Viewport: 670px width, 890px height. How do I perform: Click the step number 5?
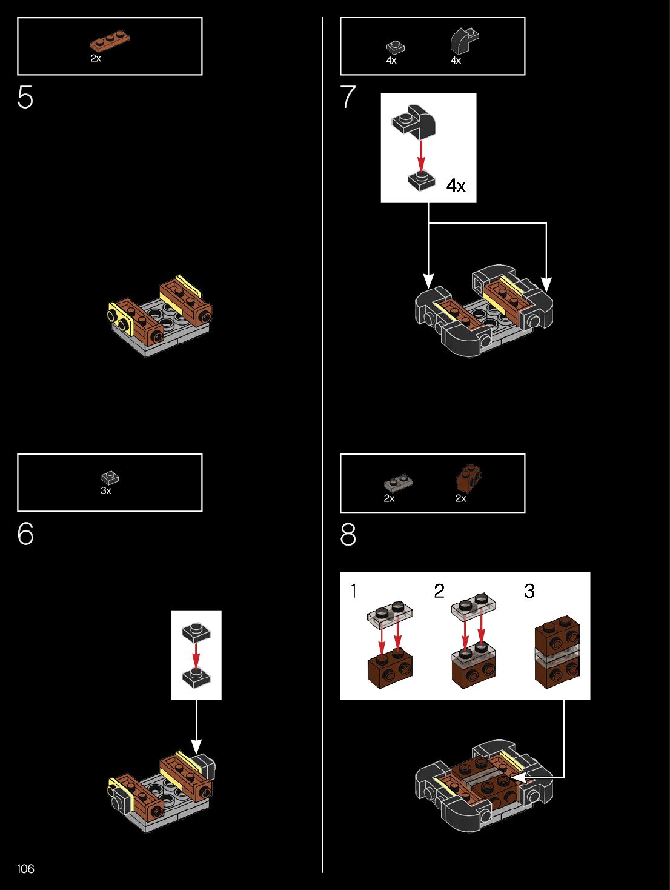click(25, 97)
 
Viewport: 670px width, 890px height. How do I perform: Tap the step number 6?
click(25, 534)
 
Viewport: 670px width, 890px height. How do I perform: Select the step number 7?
click(348, 97)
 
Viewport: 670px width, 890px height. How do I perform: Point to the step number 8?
click(348, 535)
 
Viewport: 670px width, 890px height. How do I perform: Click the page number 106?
click(25, 869)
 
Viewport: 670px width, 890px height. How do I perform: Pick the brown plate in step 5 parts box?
click(110, 41)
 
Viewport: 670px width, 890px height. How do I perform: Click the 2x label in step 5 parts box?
click(96, 59)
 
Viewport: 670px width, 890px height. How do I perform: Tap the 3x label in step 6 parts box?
click(106, 490)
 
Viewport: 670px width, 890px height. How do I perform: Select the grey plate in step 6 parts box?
click(110, 478)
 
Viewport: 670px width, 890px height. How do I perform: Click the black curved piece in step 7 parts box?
click(464, 41)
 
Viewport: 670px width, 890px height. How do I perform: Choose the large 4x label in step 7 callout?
click(456, 186)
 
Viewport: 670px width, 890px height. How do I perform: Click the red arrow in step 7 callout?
click(421, 155)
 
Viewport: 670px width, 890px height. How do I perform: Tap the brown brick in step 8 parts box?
click(468, 478)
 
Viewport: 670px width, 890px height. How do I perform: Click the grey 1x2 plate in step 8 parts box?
click(398, 483)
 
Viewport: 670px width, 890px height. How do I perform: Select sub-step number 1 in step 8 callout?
click(354, 591)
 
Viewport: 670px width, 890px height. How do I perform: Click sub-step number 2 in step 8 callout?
click(439, 591)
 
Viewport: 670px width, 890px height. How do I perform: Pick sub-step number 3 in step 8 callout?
click(529, 591)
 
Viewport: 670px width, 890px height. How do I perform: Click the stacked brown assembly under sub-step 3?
click(557, 652)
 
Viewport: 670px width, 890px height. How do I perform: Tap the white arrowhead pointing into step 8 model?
click(516, 777)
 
